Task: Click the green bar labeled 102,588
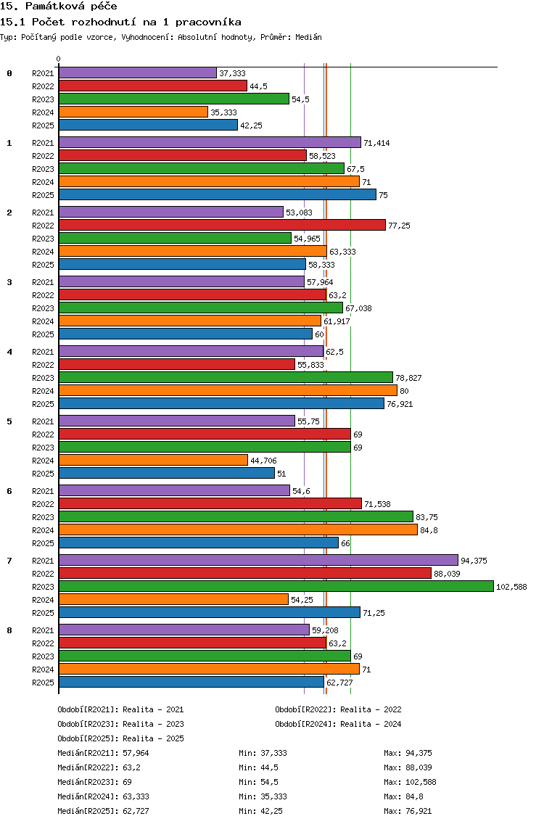pos(276,587)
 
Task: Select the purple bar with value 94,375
pos(258,560)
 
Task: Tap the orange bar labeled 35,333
pos(133,112)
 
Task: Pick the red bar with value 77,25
pos(222,225)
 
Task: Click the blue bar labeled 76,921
pos(221,403)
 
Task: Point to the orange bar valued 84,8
pos(238,530)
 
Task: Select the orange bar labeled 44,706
pos(153,461)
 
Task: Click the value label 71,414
pos(377,143)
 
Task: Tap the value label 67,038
pos(358,308)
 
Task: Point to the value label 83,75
pos(426,517)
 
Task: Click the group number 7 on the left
pos(9,561)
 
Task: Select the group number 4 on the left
pos(9,352)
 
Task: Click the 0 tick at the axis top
pos(58,59)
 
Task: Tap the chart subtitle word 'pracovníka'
pos(208,22)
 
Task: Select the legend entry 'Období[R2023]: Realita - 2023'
pos(121,724)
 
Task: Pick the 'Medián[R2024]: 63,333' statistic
pos(103,796)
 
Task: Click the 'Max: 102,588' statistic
pos(410,782)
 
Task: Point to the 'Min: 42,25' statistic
pos(260,811)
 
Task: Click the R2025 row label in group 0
pos(43,125)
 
